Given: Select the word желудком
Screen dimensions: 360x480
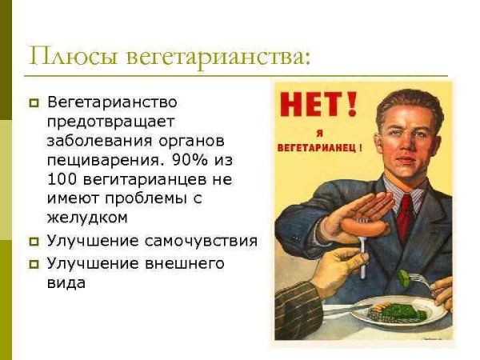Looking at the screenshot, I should coord(88,217).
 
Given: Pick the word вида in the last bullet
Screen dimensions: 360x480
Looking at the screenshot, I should coord(66,282).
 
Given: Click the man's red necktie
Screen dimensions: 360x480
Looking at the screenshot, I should coord(405,212).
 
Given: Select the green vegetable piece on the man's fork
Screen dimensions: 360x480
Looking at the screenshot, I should coord(403,277).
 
